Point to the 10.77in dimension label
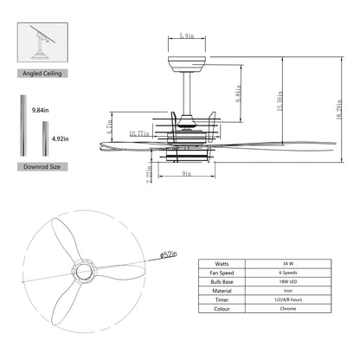(139, 132)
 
